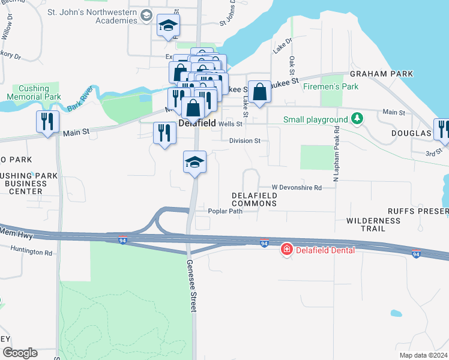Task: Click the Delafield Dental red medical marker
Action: (x=287, y=249)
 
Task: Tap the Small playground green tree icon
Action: (x=358, y=118)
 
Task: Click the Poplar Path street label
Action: (x=224, y=211)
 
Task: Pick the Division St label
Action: (x=244, y=141)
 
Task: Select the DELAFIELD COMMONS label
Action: (x=255, y=199)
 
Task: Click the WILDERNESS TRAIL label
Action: (x=373, y=224)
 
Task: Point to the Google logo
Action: (x=20, y=352)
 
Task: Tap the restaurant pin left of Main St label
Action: (x=46, y=122)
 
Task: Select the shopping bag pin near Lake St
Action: (x=259, y=93)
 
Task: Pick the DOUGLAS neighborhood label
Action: (x=411, y=133)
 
